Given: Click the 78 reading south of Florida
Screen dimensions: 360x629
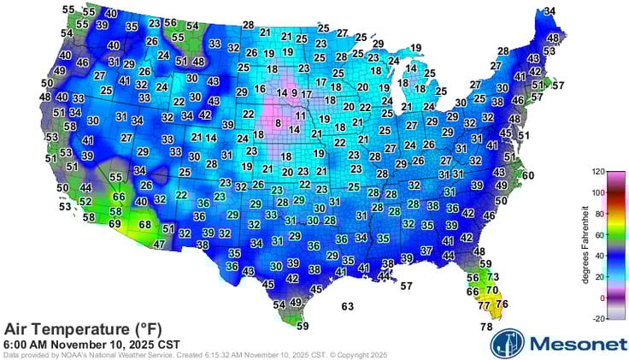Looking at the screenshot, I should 485,327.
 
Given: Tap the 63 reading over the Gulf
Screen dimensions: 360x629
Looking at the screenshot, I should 348,305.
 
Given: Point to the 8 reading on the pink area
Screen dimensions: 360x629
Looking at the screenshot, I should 278,124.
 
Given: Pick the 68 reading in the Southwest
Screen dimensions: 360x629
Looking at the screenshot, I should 145,225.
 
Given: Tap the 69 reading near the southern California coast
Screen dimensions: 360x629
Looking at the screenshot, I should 115,223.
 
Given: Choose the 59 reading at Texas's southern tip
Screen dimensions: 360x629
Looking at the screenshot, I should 302,325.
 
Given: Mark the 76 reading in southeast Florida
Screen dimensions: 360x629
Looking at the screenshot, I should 502,304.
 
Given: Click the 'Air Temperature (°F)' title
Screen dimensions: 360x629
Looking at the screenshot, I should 82,329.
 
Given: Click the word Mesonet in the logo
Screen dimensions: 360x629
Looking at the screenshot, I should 574,343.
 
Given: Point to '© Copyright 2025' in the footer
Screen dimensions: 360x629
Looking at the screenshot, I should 355,355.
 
